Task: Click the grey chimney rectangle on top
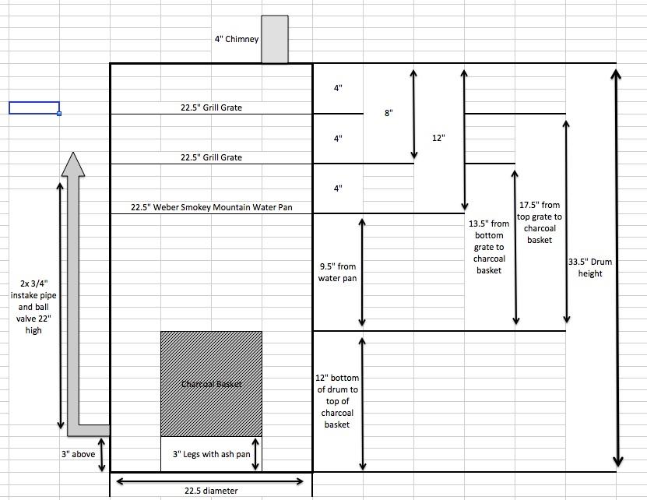coord(275,39)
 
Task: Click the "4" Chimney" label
coord(237,39)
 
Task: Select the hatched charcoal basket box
coord(211,384)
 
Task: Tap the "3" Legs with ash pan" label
coord(211,454)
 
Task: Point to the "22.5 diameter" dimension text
coord(211,491)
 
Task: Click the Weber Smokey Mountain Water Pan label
coord(211,207)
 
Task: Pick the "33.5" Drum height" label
coord(590,268)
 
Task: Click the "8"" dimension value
coord(389,113)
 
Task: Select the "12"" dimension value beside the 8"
coord(438,138)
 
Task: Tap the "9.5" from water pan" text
coord(338,272)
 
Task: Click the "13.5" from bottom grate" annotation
coord(489,247)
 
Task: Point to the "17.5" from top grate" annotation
coord(540,222)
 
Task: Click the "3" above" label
coord(79,454)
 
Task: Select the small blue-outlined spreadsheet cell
coord(35,107)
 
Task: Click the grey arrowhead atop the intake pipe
coord(73,164)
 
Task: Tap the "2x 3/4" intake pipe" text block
coord(33,307)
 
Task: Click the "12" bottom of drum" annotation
coord(337,401)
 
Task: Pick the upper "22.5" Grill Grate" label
coord(211,107)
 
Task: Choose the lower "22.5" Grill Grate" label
coord(211,157)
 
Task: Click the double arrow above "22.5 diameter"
coord(210,481)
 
